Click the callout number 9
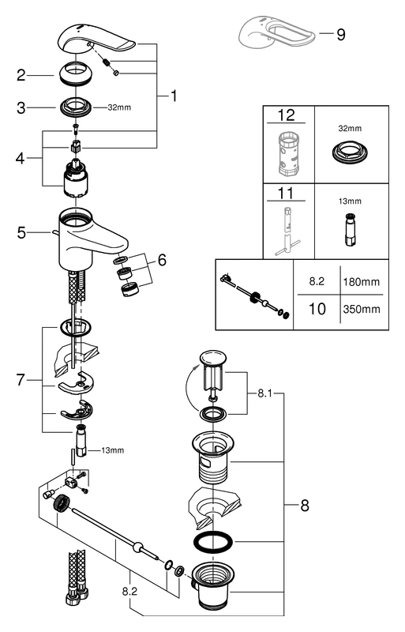[340, 35]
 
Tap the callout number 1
[174, 96]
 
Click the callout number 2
[23, 76]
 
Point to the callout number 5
[23, 233]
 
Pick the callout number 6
[162, 260]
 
